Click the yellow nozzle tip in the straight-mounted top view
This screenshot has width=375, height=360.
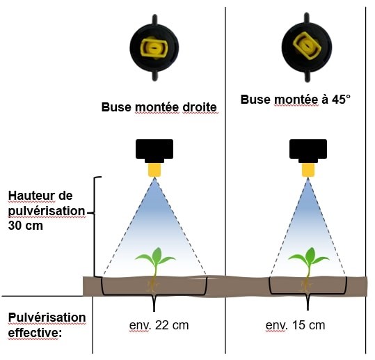click(x=154, y=48)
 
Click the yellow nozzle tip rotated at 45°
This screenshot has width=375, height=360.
click(x=307, y=46)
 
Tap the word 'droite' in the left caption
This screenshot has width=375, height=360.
click(x=200, y=107)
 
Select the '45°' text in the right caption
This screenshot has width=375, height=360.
click(x=341, y=100)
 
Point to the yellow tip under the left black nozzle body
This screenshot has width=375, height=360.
click(x=154, y=170)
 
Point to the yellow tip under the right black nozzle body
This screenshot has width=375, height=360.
click(x=308, y=170)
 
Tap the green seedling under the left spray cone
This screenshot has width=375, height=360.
click(x=155, y=262)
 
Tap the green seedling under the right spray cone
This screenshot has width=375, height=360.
click(x=309, y=262)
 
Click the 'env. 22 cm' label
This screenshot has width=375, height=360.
click(x=159, y=325)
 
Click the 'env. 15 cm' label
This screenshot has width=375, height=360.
click(x=296, y=325)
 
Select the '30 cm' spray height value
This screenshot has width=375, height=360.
click(x=26, y=226)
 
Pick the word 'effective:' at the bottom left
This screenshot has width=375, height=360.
click(x=35, y=333)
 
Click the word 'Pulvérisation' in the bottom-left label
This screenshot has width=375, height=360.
click(x=47, y=318)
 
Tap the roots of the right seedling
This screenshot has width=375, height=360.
click(x=306, y=285)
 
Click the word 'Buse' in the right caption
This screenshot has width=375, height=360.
click(x=255, y=100)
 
